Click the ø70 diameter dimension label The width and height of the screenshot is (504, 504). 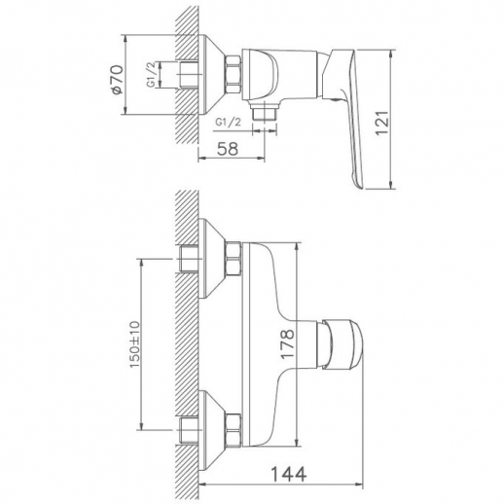pos(117,80)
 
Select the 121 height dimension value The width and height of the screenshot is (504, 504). pos(381,123)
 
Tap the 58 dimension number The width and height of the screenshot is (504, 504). pos(228,149)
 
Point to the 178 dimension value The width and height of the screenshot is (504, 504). pos(288,343)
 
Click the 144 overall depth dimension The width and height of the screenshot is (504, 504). pos(288,474)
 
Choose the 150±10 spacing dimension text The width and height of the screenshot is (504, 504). pos(134,344)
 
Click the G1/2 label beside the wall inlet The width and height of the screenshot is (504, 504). pos(153,75)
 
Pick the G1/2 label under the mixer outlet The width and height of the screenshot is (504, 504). pos(229,123)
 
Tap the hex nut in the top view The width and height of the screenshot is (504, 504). pos(233,75)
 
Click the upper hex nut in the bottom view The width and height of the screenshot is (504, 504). pos(234,259)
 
